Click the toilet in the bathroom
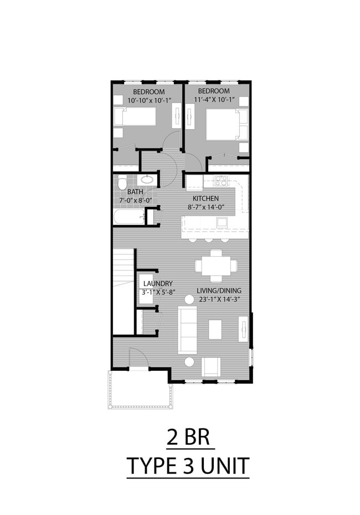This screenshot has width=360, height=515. point(122,181)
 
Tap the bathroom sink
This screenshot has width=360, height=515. point(147,180)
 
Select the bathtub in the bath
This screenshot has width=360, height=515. point(128,216)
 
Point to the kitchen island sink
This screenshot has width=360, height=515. point(222,222)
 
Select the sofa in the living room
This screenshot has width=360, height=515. point(187,329)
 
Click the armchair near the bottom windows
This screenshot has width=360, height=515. point(210,366)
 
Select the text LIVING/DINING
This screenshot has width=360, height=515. point(219,290)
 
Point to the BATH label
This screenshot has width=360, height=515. point(135,192)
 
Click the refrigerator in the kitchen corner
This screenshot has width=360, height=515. point(193,181)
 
